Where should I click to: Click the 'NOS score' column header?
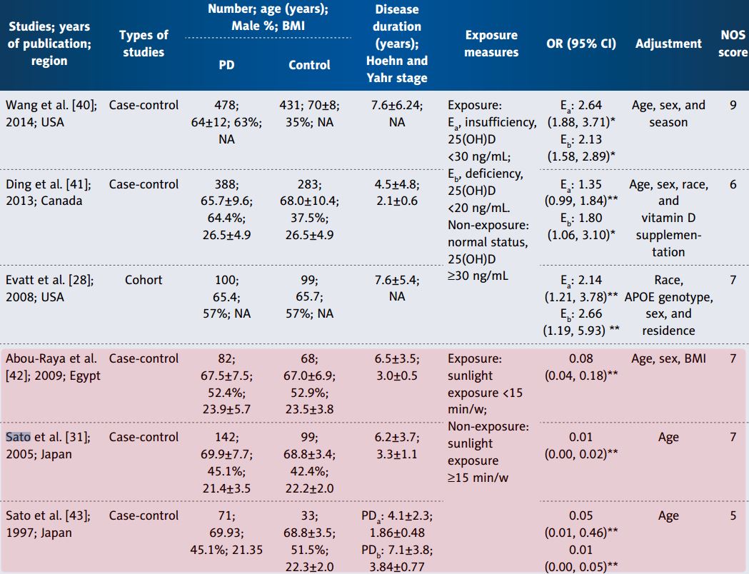tap(734, 43)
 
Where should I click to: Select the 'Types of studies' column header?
tap(144, 43)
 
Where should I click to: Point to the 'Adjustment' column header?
tap(668, 43)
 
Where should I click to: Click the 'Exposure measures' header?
tap(491, 43)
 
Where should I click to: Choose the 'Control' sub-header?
tap(309, 64)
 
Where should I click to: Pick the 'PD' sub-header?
tap(226, 64)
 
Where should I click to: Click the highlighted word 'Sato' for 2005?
tap(19, 438)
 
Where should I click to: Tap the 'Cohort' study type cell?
tap(144, 280)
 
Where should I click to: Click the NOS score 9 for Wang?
tap(733, 105)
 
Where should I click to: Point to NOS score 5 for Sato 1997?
tap(733, 515)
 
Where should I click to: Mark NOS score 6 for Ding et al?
tap(733, 184)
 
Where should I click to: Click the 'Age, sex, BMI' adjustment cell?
tap(668, 358)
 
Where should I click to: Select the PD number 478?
tap(226, 105)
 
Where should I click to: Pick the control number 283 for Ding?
tap(308, 184)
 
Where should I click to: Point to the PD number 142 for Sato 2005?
tap(226, 438)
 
